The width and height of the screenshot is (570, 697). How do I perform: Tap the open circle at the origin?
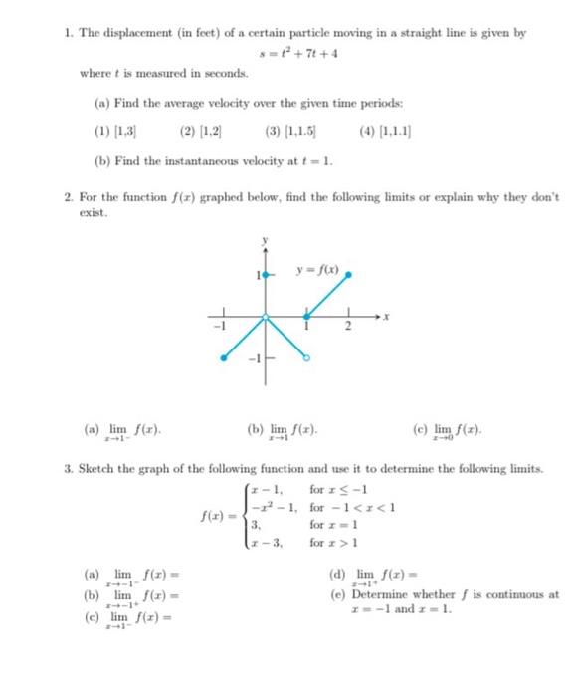click(264, 318)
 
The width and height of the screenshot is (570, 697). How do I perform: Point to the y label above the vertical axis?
click(265, 240)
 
